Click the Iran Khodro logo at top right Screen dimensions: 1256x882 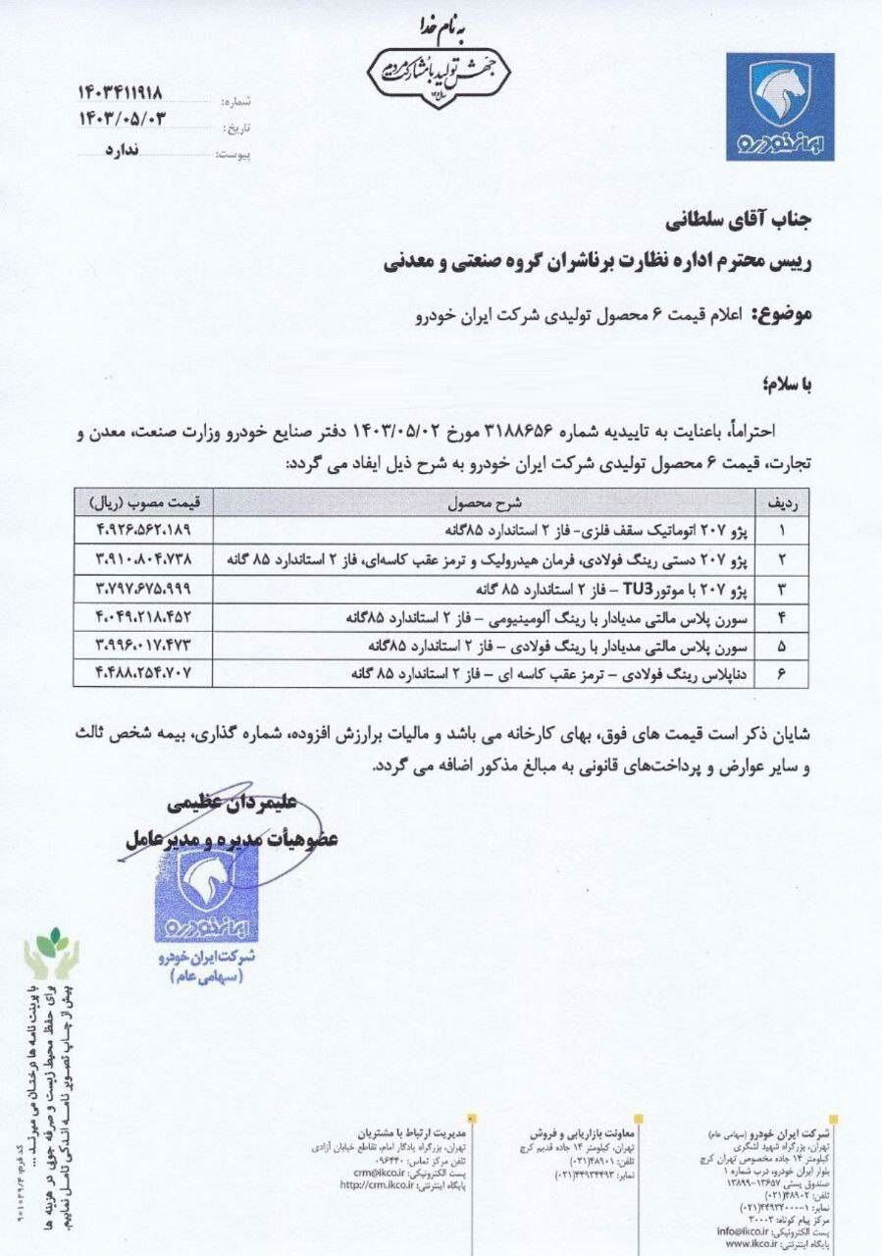tap(780, 106)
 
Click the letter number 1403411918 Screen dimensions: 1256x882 tap(120, 93)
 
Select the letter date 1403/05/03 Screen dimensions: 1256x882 tap(121, 120)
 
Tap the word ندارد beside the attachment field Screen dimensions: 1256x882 tap(122, 150)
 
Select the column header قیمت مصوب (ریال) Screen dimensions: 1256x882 tap(145, 503)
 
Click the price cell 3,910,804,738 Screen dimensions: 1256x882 tap(143, 559)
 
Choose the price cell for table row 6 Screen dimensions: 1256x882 tap(143, 673)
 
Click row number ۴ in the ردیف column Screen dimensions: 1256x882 tap(782, 618)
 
